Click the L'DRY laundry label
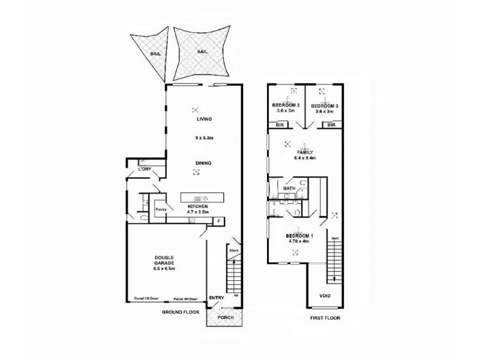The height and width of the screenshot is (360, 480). point(144,170)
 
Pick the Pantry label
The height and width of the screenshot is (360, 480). point(160,209)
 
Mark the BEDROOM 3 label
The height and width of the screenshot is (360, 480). point(325,106)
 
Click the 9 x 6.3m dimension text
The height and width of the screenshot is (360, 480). point(204,137)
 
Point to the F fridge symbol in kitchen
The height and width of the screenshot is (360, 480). point(218,221)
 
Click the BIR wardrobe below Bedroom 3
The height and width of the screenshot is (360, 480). point(331,125)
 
